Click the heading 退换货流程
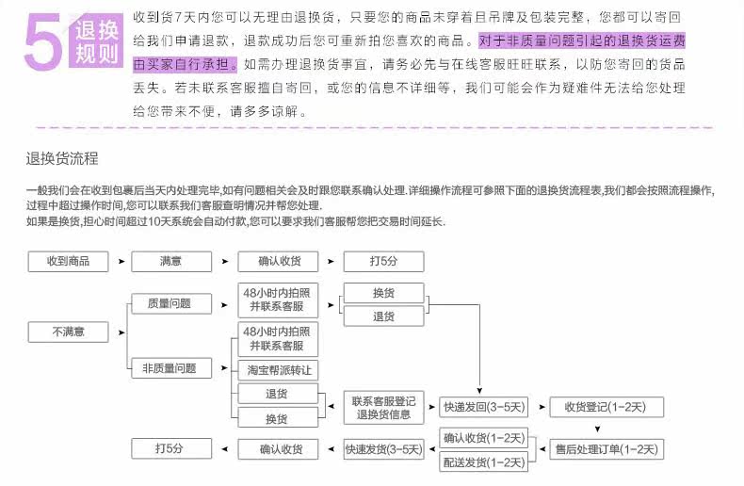click(62, 157)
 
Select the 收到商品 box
click(68, 261)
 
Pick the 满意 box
click(170, 261)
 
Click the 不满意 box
click(68, 332)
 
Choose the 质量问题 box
click(170, 303)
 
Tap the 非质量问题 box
click(170, 368)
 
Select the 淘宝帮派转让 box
click(278, 370)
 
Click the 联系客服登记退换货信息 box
click(383, 407)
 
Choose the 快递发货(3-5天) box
click(383, 448)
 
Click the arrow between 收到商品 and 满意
click(120, 261)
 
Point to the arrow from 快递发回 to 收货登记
click(540, 407)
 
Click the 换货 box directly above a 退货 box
click(383, 293)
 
